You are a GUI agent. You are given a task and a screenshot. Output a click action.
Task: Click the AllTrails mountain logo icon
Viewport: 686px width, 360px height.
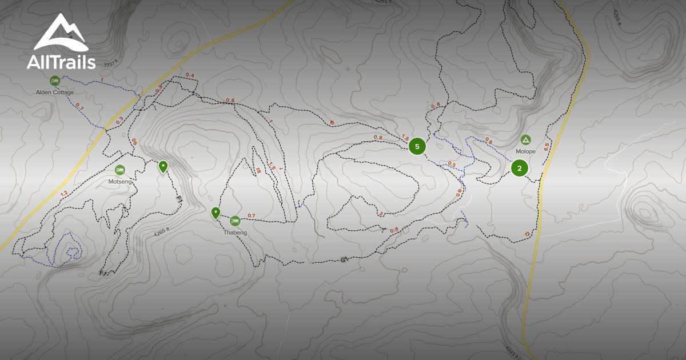click(61, 33)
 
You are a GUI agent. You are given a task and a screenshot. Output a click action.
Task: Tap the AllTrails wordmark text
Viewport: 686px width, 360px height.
click(61, 62)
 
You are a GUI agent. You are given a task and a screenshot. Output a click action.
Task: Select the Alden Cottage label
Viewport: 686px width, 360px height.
click(55, 92)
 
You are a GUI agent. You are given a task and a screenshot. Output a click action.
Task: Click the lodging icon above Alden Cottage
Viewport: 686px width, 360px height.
click(55, 81)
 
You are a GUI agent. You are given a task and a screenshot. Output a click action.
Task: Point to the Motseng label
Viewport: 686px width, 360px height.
click(119, 181)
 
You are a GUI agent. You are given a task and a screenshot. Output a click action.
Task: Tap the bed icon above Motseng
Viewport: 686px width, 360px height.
click(120, 170)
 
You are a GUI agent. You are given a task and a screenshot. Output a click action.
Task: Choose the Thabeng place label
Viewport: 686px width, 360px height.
click(235, 233)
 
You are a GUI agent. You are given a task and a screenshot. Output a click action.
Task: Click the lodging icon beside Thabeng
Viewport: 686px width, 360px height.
click(235, 221)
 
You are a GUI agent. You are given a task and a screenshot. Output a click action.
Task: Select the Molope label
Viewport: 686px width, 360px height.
click(525, 151)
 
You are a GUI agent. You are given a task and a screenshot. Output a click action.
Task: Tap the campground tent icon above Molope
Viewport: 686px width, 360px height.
click(525, 140)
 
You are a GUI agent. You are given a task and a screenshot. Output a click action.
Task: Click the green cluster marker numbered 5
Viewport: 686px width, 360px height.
click(417, 146)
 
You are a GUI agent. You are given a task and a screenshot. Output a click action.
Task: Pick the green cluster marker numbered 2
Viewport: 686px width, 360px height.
click(519, 168)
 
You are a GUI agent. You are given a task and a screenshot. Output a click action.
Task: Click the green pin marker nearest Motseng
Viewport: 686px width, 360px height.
click(163, 166)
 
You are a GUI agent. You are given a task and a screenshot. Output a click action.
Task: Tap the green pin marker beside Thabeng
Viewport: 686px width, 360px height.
click(216, 213)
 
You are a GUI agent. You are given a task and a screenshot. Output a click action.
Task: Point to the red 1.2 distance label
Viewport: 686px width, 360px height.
click(63, 193)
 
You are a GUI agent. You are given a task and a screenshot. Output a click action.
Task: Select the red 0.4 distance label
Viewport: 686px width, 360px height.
click(190, 75)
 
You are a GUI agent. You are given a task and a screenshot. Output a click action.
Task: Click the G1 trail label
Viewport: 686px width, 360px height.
click(345, 259)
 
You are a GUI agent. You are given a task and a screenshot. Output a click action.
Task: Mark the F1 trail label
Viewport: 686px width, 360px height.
click(178, 200)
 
